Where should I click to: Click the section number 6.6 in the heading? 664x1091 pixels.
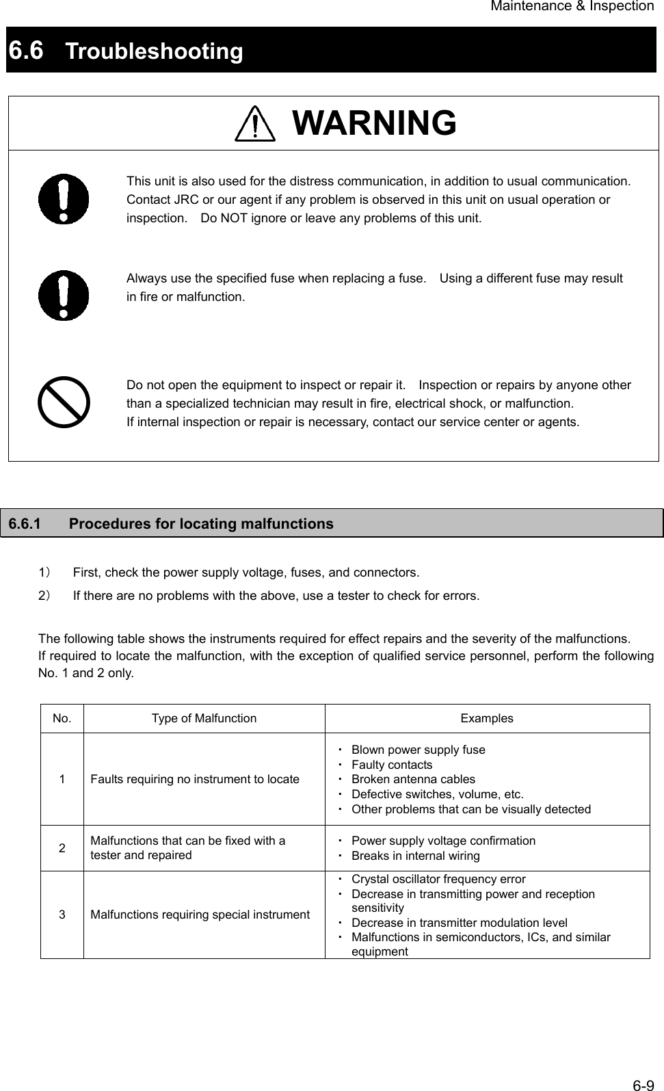coord(26,50)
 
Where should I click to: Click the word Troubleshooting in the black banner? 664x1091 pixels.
coord(155,51)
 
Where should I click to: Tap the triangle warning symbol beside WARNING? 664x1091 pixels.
coord(254,124)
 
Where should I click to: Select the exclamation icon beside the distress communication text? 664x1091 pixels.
coord(64,199)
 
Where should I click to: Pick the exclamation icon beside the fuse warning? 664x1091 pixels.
coord(64,295)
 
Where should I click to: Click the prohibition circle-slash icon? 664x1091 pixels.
coord(64,402)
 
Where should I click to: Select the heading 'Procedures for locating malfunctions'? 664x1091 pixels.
coord(201,524)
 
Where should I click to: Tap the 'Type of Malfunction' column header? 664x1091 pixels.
coord(204,718)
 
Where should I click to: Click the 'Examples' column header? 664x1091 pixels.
coord(486,718)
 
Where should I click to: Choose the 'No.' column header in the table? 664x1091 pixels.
coord(62,718)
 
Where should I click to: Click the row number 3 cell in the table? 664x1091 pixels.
coord(62,915)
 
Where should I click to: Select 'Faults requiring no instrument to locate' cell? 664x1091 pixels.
coord(195,779)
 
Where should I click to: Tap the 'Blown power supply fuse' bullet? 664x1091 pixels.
coord(418,750)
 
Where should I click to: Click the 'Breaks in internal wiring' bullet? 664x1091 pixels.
coord(415,856)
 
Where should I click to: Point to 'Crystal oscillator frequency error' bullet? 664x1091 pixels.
coord(438,879)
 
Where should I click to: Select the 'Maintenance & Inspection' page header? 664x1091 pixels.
coord(572,6)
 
